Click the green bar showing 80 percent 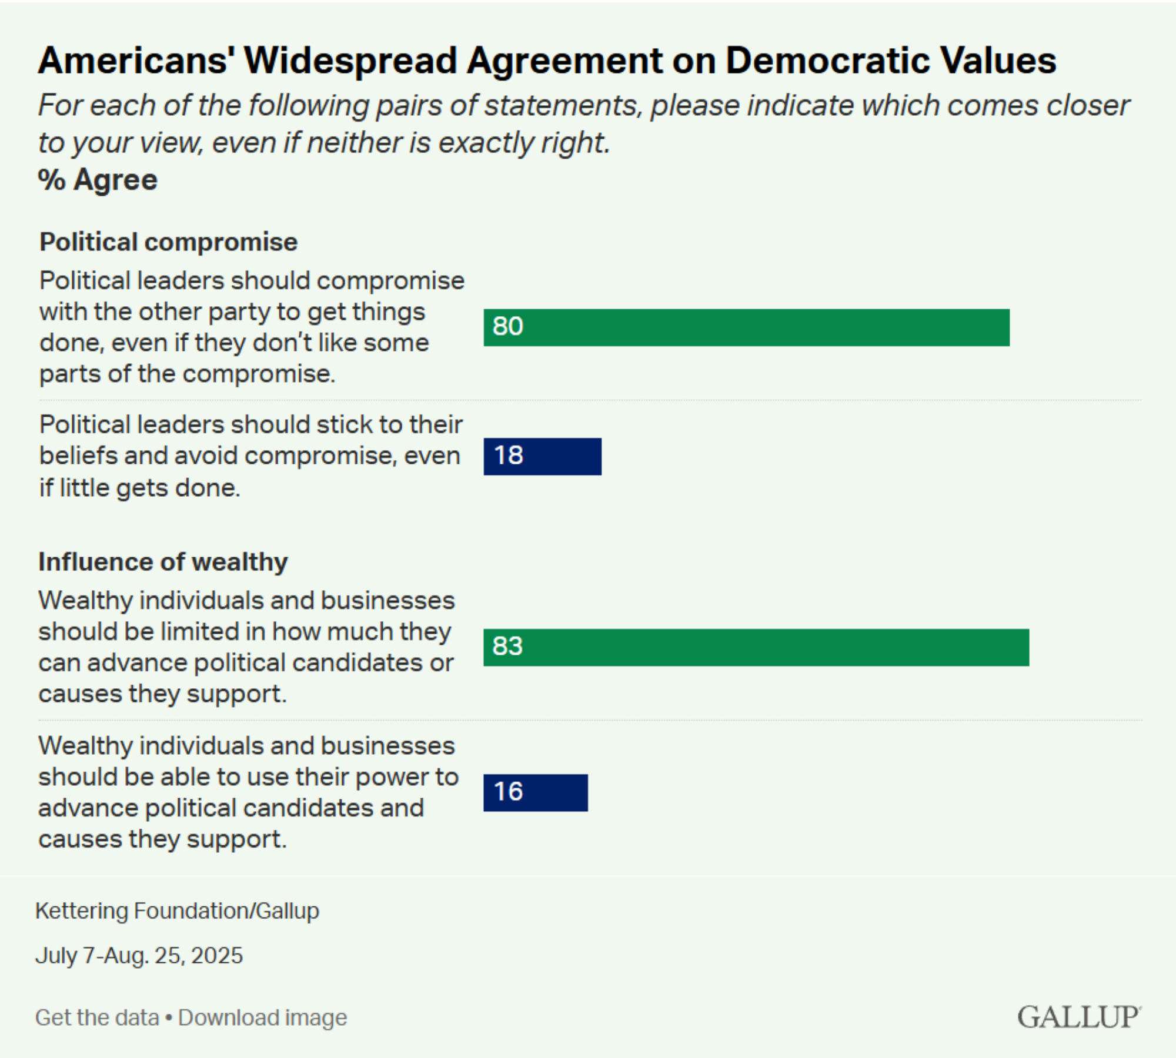coord(747,327)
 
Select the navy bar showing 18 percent coord(542,456)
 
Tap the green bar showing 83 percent coord(756,647)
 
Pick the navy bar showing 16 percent coord(536,792)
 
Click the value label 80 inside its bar coord(508,326)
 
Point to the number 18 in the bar coord(509,455)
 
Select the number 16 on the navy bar coord(509,791)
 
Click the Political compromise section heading coord(169,242)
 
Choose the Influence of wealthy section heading coord(163,562)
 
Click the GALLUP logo coord(1079,1017)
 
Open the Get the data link coord(97,1017)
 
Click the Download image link coord(263,1017)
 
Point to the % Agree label coord(98,179)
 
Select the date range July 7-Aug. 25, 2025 coord(139,955)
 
